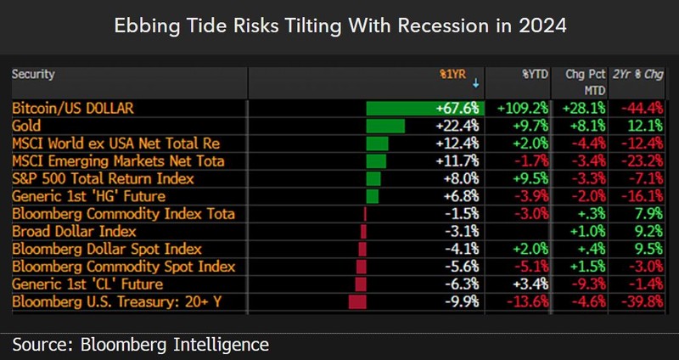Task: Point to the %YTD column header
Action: coord(536,74)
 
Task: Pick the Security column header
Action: coord(33,74)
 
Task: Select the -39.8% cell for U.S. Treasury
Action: coord(643,302)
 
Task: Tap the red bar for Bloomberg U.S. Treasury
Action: coord(357,302)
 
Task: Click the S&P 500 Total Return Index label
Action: coord(103,178)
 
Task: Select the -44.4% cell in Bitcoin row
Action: coord(643,109)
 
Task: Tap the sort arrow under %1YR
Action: coord(476,84)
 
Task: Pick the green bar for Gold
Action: coord(385,126)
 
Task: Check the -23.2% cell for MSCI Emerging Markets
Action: coord(643,161)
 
